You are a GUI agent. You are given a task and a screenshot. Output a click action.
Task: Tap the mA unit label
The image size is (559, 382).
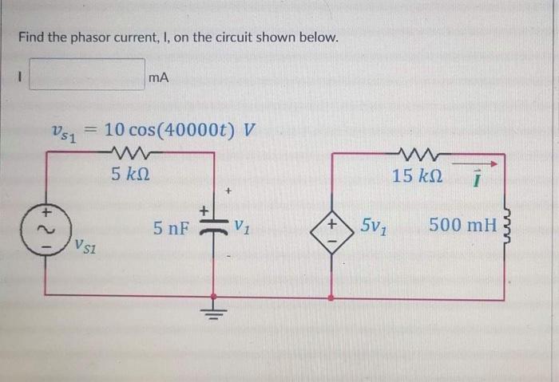[x=158, y=77]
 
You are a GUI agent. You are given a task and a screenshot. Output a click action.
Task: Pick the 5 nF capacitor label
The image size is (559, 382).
[x=172, y=228]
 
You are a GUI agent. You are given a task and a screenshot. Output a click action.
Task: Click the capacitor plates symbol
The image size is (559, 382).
[x=213, y=226]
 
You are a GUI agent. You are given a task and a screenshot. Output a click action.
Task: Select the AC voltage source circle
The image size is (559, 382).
[x=46, y=226]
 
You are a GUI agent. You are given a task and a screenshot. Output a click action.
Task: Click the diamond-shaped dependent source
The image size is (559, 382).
[x=332, y=226]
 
